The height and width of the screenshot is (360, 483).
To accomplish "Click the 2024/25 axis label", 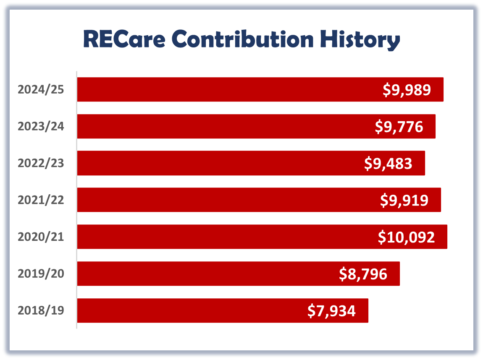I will point(41,89).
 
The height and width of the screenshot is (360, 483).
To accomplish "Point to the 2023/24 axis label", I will point(41,126).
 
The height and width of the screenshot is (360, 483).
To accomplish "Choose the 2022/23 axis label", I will point(41,163).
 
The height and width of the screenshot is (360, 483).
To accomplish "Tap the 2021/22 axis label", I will point(41,200).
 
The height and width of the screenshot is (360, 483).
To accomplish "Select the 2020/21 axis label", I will point(41,237).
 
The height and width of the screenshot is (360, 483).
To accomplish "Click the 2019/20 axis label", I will point(41,274).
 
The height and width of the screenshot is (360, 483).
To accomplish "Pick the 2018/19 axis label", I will point(41,310).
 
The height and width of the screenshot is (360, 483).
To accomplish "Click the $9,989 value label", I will point(407,90).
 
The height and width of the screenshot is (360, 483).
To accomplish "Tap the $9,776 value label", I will point(399,127).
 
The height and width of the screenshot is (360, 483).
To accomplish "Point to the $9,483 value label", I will point(388,164).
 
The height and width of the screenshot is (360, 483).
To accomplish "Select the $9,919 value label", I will point(404,200).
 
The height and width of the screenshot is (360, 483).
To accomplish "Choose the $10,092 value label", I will point(406,237).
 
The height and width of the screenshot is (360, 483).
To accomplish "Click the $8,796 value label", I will point(363,274).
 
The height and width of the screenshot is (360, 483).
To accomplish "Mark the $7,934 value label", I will point(331,311).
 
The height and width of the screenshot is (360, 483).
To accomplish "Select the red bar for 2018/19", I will point(189,310).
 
